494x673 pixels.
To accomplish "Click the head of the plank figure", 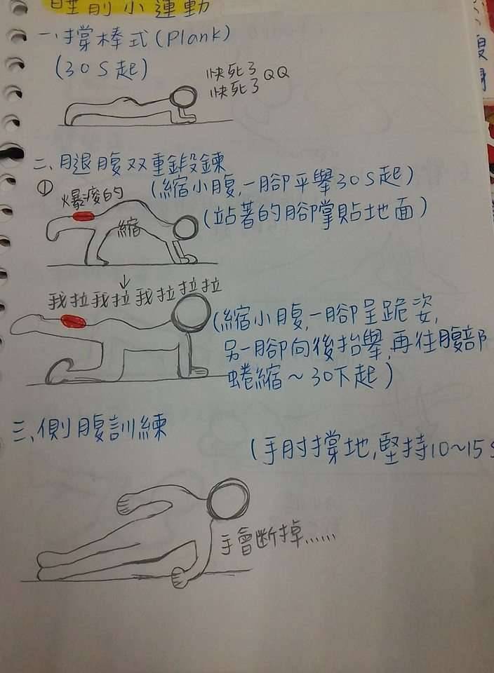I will click(185, 97).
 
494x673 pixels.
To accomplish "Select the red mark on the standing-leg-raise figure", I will click(84, 217).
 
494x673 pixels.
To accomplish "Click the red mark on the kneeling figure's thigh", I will click(73, 322).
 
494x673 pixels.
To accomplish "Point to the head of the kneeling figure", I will click(190, 313).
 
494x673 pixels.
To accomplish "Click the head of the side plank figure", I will click(229, 497).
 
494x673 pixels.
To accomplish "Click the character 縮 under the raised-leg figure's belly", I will click(128, 226).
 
